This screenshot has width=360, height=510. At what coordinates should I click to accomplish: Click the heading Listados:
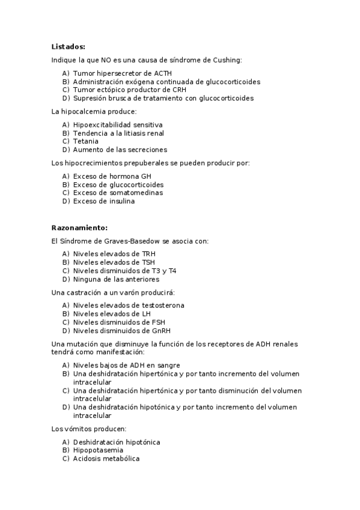tap(68, 46)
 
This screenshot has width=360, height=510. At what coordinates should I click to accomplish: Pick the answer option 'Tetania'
tap(86, 141)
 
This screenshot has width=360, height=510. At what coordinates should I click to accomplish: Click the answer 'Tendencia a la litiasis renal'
tap(118, 133)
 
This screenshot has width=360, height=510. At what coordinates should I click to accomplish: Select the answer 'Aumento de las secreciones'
tap(120, 150)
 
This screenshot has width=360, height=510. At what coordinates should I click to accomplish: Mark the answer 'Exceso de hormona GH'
tap(108, 176)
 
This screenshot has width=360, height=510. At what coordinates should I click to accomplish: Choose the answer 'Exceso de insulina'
tap(104, 201)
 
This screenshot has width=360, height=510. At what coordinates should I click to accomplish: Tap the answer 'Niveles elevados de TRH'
tap(114, 254)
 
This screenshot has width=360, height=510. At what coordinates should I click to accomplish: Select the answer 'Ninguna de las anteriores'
tap(116, 279)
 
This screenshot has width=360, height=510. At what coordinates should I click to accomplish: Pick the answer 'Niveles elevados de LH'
tap(112, 313)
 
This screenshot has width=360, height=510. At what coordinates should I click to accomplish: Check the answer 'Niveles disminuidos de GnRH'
tap(121, 330)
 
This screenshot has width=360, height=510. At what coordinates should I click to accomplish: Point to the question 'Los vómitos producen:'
tap(88, 429)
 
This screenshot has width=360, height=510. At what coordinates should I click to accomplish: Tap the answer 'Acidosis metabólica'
tap(106, 458)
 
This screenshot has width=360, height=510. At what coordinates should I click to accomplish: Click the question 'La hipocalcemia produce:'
tap(94, 111)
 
